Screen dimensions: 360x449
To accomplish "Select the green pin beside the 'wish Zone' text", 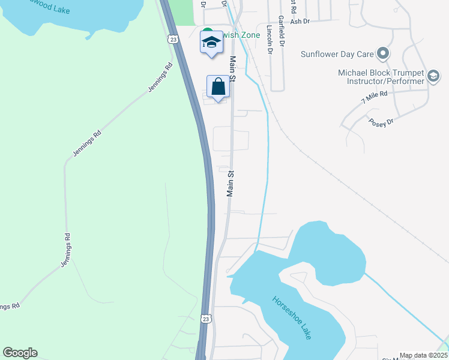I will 206,32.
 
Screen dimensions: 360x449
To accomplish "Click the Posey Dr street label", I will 381,122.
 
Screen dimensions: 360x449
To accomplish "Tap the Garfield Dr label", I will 280,33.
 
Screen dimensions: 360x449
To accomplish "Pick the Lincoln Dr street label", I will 268,40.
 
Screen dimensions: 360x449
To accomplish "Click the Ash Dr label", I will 299,21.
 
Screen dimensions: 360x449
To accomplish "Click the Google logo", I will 20,353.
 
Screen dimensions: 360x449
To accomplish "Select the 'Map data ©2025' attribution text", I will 423,355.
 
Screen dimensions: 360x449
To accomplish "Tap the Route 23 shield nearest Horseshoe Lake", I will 206,319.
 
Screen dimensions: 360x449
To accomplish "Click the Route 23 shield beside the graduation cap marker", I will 172,39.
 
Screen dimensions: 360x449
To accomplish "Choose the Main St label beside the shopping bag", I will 232,70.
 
